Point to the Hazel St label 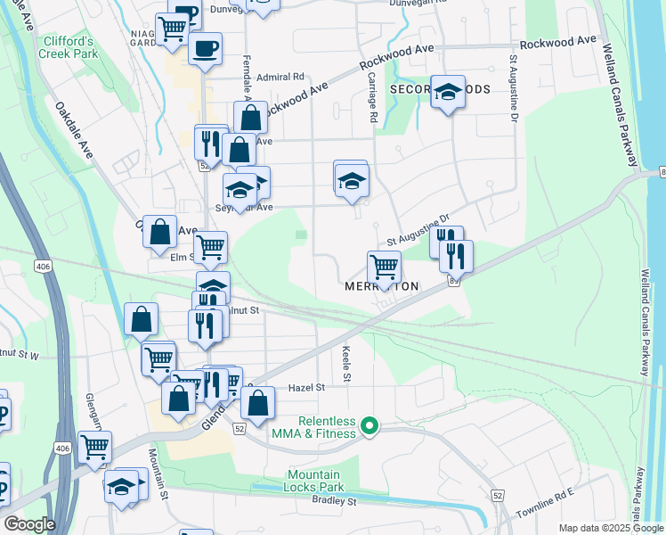[x=307, y=388]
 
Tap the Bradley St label [x=334, y=501]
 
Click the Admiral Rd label [x=280, y=77]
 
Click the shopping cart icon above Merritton [x=384, y=266]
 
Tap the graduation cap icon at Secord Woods [x=448, y=91]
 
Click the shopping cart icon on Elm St [x=210, y=246]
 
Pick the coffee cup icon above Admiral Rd [x=205, y=48]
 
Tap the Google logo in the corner [x=29, y=524]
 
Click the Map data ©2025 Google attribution [x=611, y=528]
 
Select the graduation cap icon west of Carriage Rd [x=352, y=180]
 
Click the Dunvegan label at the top [x=227, y=10]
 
